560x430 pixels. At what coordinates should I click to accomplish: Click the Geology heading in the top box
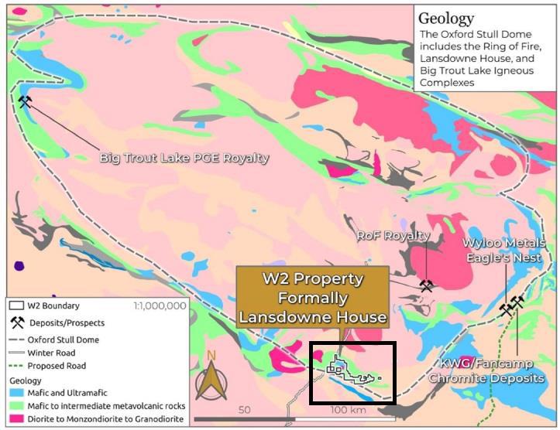tap(447, 18)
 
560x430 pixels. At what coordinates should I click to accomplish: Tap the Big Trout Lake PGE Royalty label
tap(184, 158)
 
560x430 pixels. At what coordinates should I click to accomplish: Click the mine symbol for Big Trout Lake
tap(26, 101)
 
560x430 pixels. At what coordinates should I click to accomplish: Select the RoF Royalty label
tap(393, 235)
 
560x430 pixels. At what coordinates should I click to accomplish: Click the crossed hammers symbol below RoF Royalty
tap(426, 285)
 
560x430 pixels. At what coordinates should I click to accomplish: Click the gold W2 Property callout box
tap(313, 296)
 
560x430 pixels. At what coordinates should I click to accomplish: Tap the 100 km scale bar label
tap(346, 409)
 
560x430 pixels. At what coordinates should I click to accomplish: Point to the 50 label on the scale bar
tap(246, 409)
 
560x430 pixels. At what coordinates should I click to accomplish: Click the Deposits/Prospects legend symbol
tap(18, 322)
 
